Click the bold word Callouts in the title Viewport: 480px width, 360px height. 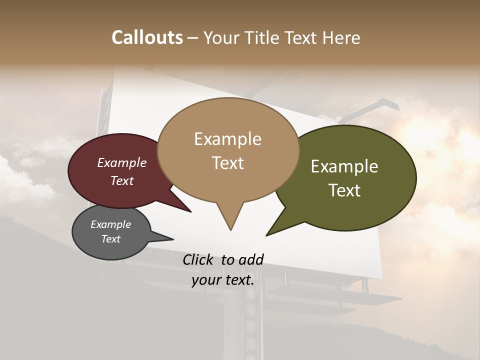(x=147, y=37)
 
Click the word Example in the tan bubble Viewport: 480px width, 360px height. (x=227, y=139)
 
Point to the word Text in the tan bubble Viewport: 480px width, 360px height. (x=227, y=163)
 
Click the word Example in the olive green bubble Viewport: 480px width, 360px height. (x=344, y=166)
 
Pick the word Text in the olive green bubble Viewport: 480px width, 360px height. (x=344, y=190)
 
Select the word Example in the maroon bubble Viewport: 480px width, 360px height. (x=121, y=163)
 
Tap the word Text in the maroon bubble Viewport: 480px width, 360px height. (x=121, y=181)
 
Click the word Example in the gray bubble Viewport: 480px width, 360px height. (x=110, y=224)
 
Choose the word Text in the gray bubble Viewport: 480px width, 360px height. (x=110, y=239)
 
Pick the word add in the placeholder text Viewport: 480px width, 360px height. (x=251, y=259)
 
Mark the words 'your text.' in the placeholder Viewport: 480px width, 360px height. (x=223, y=280)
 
